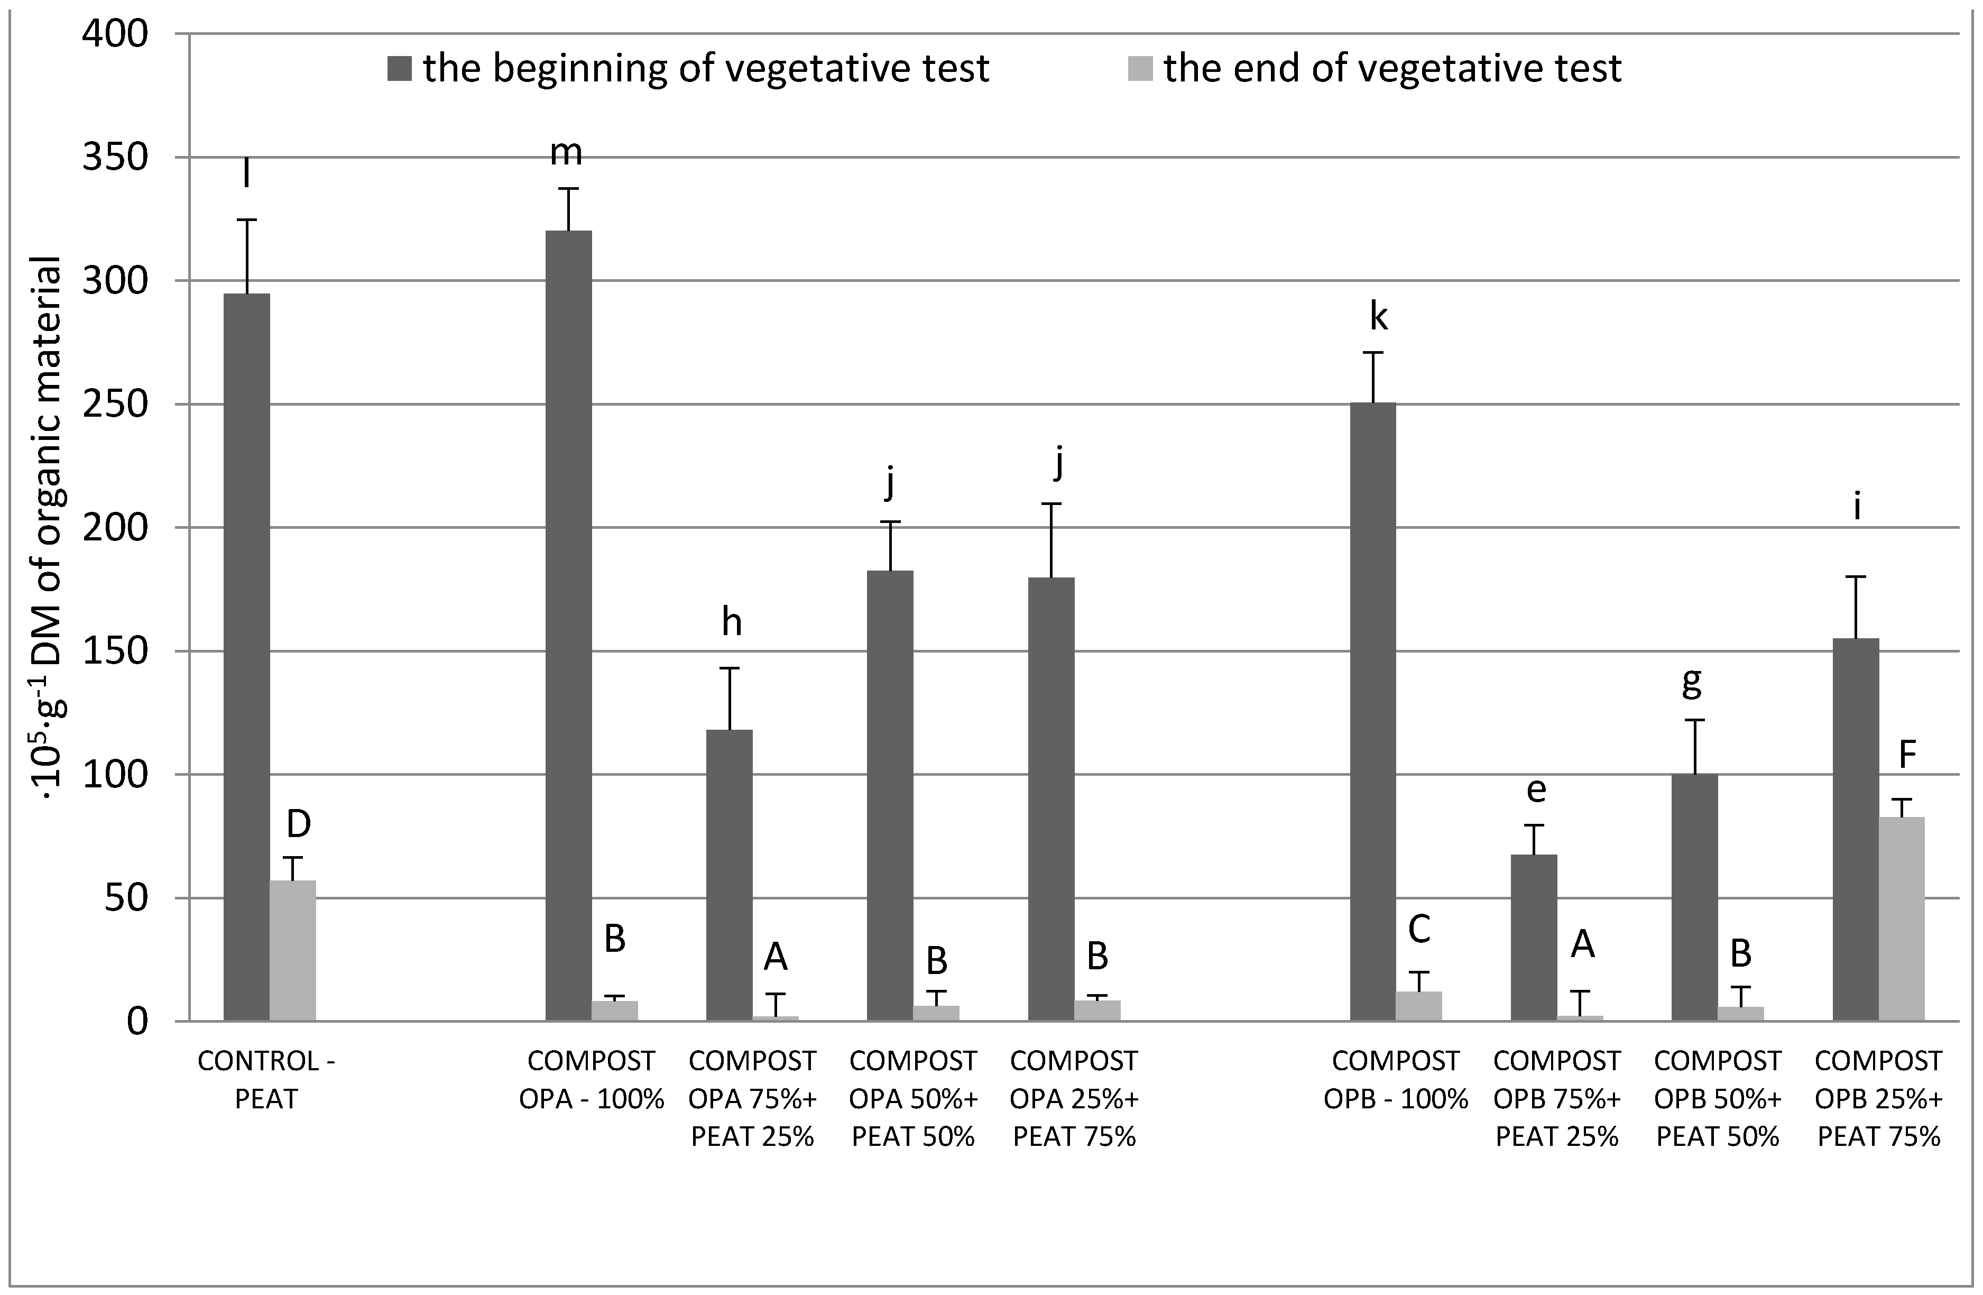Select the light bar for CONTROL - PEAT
click(x=292, y=950)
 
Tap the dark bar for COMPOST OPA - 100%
click(x=568, y=625)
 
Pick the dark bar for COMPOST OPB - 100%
click(x=1372, y=712)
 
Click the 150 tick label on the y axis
click(x=114, y=651)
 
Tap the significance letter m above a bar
click(x=567, y=152)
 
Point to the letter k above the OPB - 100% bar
click(x=1379, y=317)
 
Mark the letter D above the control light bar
click(x=298, y=824)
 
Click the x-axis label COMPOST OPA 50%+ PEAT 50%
click(x=913, y=1098)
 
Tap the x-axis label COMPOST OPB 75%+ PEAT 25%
click(x=1556, y=1098)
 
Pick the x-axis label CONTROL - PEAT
click(x=266, y=1080)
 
